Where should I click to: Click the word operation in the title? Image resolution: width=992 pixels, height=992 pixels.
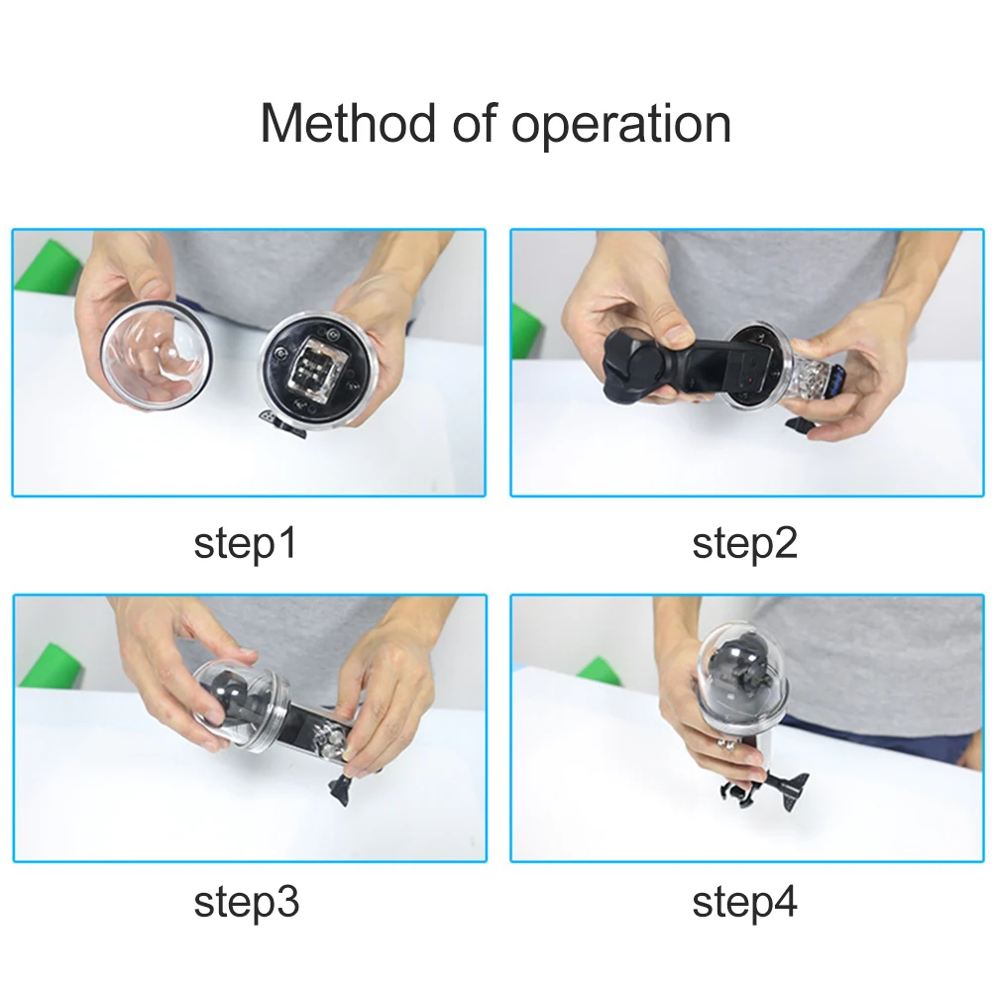pos(620,127)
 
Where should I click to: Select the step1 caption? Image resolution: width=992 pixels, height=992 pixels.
pos(245,543)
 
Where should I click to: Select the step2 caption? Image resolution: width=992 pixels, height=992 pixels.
pos(744,543)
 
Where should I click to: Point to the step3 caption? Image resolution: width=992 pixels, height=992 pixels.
pos(246,902)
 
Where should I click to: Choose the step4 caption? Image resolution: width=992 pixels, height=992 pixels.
pos(744,902)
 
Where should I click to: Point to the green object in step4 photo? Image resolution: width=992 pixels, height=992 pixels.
pos(600,672)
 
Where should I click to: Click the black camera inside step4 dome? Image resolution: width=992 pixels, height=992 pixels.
pos(741,680)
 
